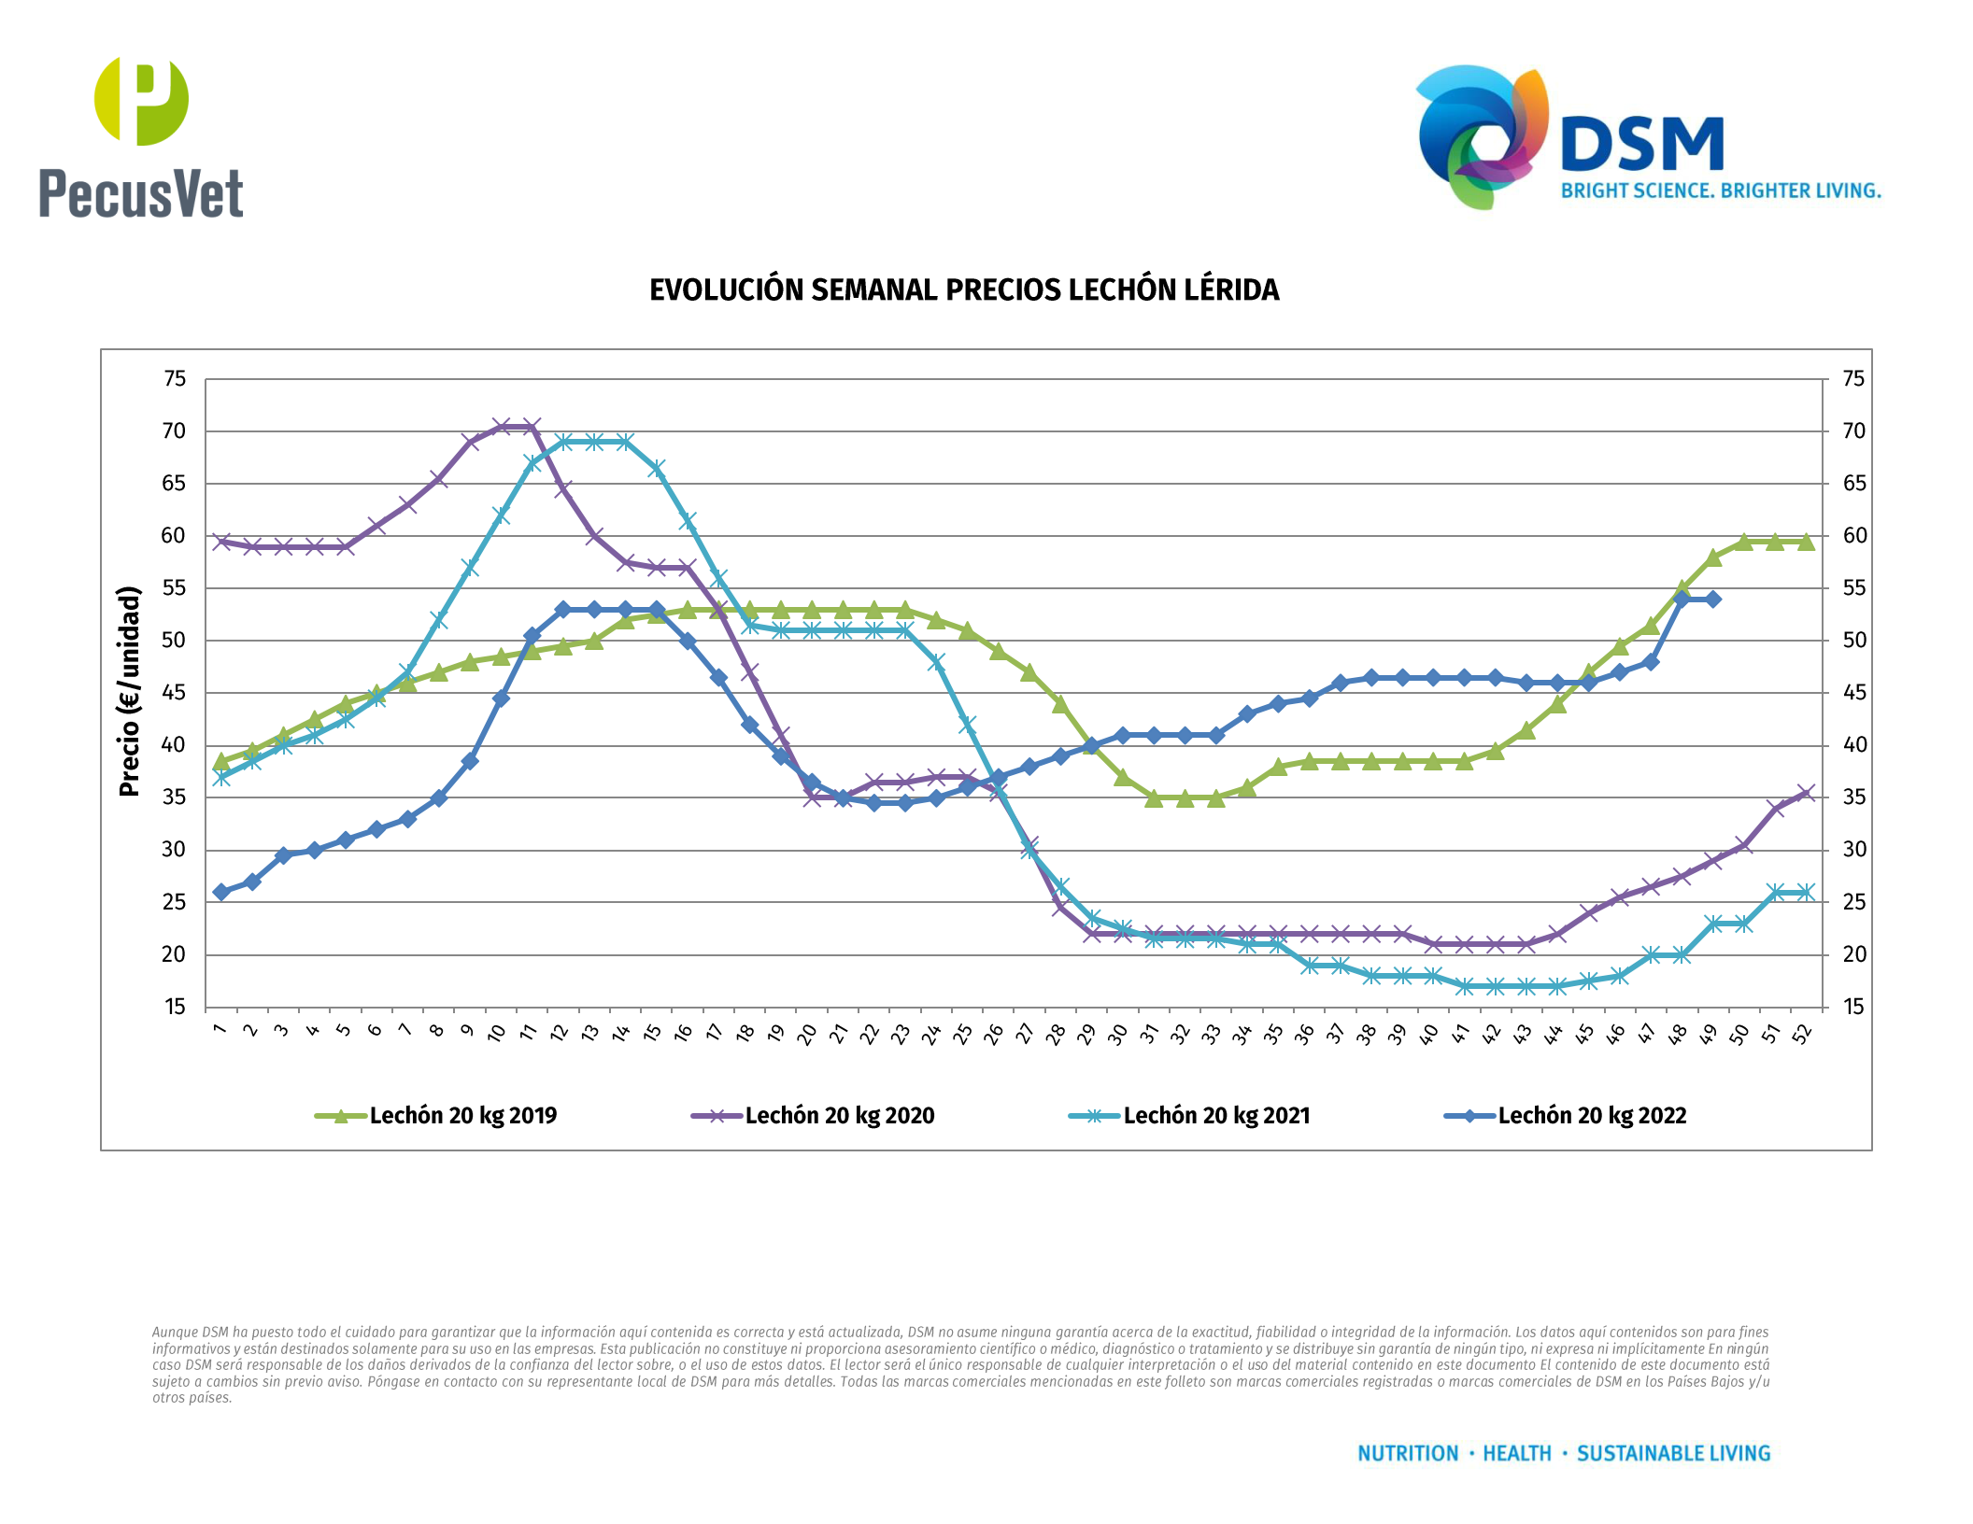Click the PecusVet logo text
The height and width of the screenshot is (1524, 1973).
[x=141, y=194]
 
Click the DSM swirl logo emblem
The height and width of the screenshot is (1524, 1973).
[x=1481, y=136]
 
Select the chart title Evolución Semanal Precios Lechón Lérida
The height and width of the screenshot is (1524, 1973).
[x=964, y=290]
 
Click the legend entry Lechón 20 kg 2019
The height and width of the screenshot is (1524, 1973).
[x=462, y=1116]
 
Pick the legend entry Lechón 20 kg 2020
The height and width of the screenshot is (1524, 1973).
[x=839, y=1116]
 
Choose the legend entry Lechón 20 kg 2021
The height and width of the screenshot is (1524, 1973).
[x=1216, y=1116]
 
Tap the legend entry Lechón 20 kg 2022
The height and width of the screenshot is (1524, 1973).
[x=1592, y=1116]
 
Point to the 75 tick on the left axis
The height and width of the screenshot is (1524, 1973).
[x=175, y=379]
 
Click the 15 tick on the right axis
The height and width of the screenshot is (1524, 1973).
[x=1853, y=1007]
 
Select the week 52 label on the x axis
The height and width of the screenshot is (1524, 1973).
[x=1803, y=1033]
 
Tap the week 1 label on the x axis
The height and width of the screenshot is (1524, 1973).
[x=220, y=1029]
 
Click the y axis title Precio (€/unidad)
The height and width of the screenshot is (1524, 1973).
[x=129, y=691]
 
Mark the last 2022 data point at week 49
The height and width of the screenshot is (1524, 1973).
[x=1712, y=600]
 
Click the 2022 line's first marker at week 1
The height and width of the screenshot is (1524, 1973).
[x=221, y=892]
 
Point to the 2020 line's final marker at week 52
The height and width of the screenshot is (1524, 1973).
[x=1806, y=793]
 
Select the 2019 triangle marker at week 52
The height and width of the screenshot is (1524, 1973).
[x=1806, y=542]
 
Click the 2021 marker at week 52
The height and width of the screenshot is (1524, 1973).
[x=1806, y=892]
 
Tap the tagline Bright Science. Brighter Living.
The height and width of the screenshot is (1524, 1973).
[x=1721, y=191]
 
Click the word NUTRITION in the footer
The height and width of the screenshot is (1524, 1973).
[x=1407, y=1454]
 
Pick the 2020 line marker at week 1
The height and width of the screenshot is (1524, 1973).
[x=221, y=542]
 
